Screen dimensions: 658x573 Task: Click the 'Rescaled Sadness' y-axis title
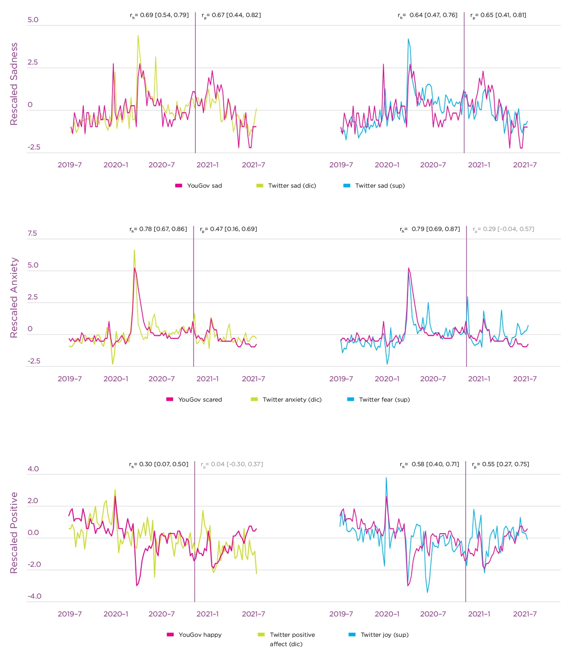tap(14, 84)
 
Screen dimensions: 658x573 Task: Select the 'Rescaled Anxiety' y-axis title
tap(14, 297)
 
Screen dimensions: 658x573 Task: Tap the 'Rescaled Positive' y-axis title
tap(14, 532)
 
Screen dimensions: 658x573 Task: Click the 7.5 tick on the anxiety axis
tap(32, 233)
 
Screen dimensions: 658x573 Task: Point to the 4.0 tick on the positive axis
tap(33, 469)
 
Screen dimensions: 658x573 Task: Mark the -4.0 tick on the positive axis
tap(34, 596)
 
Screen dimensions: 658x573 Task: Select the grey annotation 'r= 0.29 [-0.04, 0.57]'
tap(503, 229)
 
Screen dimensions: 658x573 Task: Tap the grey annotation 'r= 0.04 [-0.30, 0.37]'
tap(232, 464)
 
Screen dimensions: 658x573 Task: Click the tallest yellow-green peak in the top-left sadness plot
tap(138, 36)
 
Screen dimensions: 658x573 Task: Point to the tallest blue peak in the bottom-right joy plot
tap(386, 478)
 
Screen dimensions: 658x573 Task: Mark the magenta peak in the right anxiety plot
tap(408, 268)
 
